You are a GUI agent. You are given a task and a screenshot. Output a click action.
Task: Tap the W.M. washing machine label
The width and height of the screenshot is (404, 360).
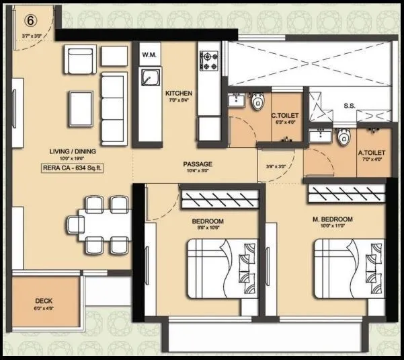pos(149,54)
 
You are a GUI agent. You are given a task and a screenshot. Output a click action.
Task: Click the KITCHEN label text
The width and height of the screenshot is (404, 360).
pos(179,94)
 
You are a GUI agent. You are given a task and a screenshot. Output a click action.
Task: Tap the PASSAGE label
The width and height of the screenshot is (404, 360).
pos(198,164)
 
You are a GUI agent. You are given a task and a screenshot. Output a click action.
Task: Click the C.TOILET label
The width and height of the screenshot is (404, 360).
pos(285,116)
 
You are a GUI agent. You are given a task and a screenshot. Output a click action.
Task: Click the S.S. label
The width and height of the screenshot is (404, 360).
pos(350,106)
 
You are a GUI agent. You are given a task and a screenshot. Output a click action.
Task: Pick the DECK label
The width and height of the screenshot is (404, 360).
pos(45,301)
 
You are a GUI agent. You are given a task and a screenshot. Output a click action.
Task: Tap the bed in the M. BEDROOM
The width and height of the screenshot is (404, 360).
pos(349,268)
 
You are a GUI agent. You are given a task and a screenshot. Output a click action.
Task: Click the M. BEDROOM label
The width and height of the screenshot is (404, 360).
pos(333,220)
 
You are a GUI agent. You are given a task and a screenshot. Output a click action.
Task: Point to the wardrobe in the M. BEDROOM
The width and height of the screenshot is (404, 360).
pos(346,196)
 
